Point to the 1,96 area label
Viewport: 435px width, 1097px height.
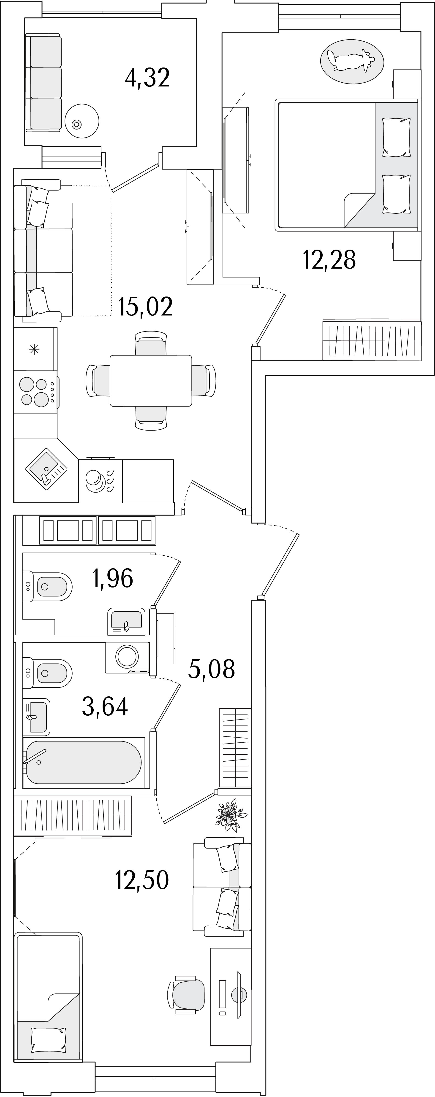tap(113, 578)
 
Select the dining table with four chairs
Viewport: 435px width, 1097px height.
tap(151, 380)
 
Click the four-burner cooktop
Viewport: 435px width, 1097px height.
tap(35, 392)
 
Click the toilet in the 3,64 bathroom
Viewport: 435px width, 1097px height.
tap(47, 673)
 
